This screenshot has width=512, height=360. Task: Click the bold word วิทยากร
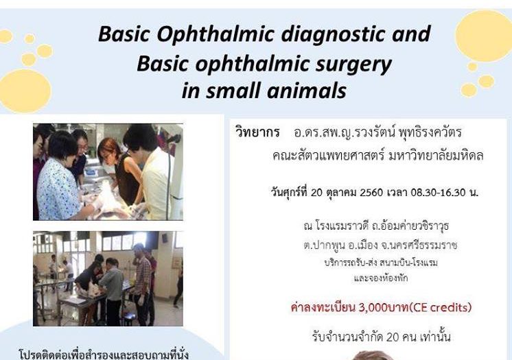257,132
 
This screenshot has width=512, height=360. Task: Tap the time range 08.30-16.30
438,193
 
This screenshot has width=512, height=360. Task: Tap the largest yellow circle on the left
25,91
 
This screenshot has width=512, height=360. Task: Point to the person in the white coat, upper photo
154,173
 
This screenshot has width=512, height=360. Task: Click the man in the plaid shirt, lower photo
142,280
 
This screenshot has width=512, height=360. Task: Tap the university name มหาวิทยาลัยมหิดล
436,156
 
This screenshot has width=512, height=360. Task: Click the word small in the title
233,91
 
